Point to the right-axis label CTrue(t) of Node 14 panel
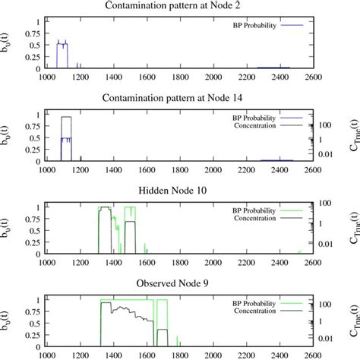350,138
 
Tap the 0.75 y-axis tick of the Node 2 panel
32,33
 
